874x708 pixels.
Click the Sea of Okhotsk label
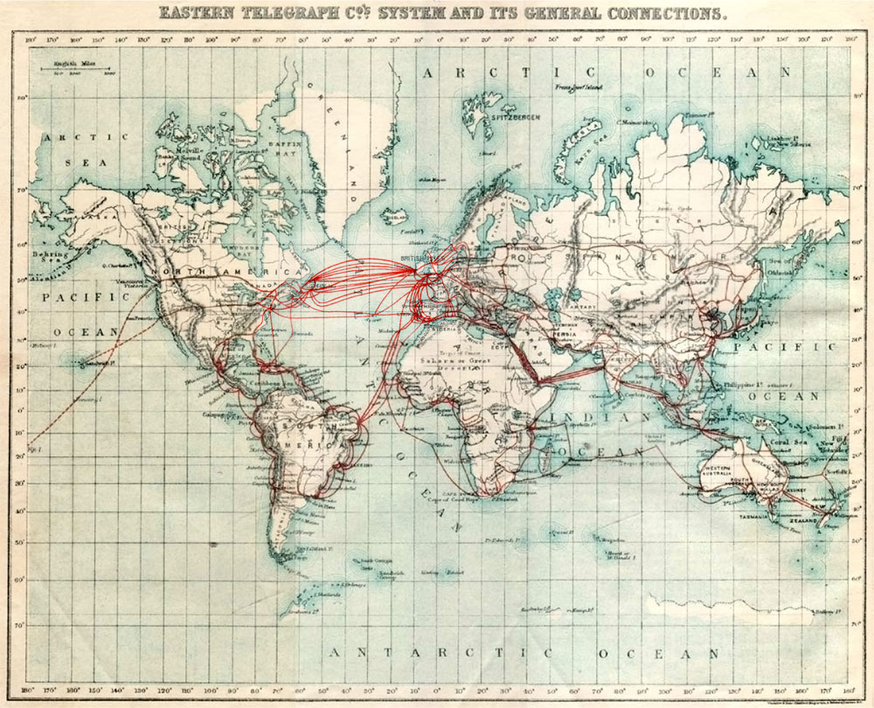tap(780, 266)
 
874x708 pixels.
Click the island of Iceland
tap(395, 213)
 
